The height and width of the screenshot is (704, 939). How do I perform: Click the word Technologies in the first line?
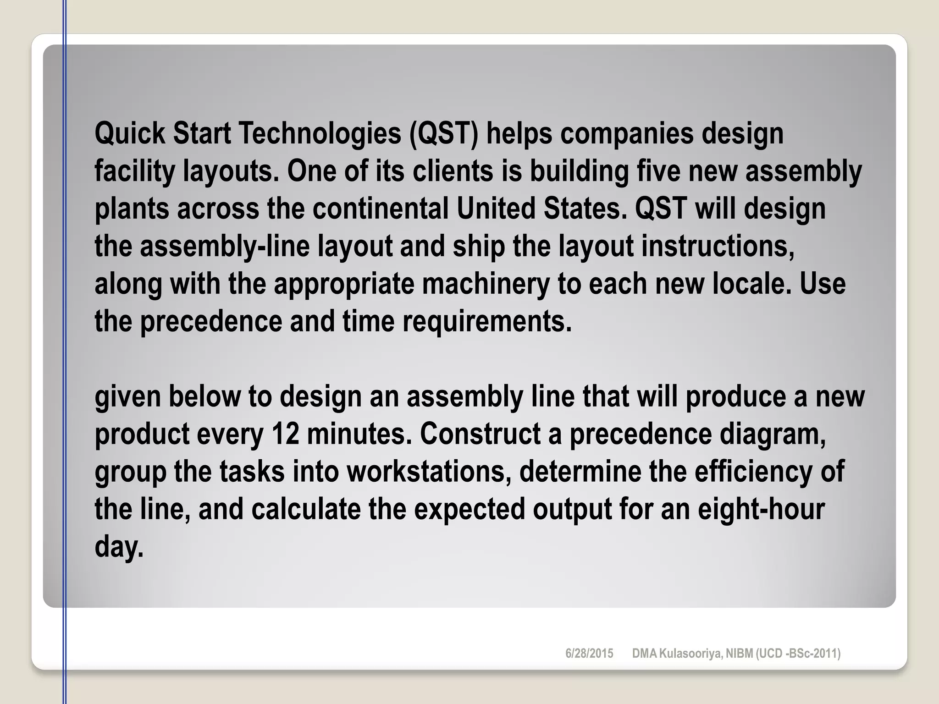pyautogui.click(x=319, y=133)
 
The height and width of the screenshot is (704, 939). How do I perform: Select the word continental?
pyautogui.click(x=381, y=209)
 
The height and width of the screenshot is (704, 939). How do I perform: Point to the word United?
pyautogui.click(x=496, y=209)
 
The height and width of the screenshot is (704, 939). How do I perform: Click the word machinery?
pyautogui.click(x=486, y=284)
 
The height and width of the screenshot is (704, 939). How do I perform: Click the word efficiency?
pyautogui.click(x=753, y=472)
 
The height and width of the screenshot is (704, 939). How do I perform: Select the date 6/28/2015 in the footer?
pyautogui.click(x=589, y=654)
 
